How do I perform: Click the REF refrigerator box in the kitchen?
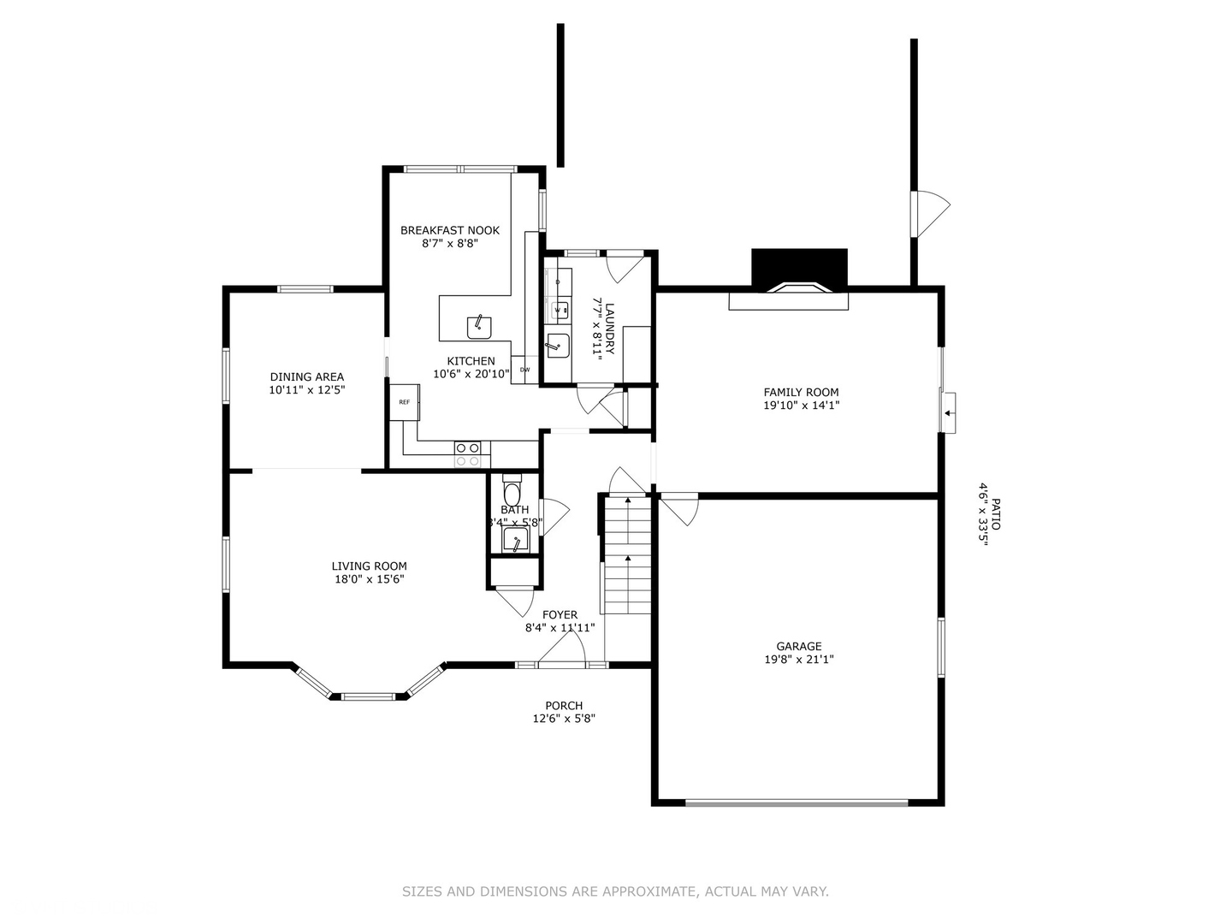click(x=404, y=402)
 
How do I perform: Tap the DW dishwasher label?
click(x=524, y=370)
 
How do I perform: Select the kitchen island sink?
click(x=479, y=326)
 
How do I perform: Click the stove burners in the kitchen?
click(x=467, y=454)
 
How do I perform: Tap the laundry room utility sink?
click(x=557, y=346)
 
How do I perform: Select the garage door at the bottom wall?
click(x=797, y=803)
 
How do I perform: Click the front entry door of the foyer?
click(x=561, y=663)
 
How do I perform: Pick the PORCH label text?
click(x=564, y=706)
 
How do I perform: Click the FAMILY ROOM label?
click(x=801, y=393)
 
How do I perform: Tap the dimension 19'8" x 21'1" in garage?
click(x=799, y=660)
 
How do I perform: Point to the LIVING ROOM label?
click(x=369, y=566)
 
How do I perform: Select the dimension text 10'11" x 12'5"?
click(x=307, y=389)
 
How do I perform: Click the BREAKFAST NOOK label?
click(x=450, y=230)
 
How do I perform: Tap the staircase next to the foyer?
click(x=628, y=556)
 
